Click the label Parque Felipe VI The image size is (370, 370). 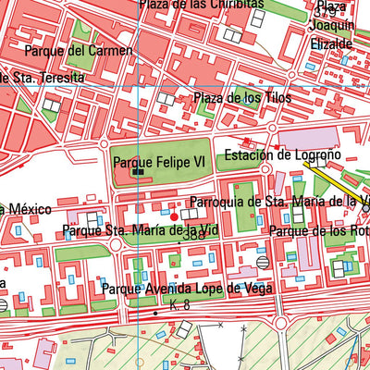click(158, 161)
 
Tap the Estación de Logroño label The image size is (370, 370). click(283, 154)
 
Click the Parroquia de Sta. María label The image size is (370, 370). click(277, 201)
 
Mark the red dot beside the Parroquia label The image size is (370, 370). click(174, 216)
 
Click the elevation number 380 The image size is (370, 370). click(192, 236)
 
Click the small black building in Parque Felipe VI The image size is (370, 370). click(138, 171)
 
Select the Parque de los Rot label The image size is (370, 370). click(318, 230)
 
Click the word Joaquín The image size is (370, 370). click(328, 28)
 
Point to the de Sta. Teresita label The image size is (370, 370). click(41, 79)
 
